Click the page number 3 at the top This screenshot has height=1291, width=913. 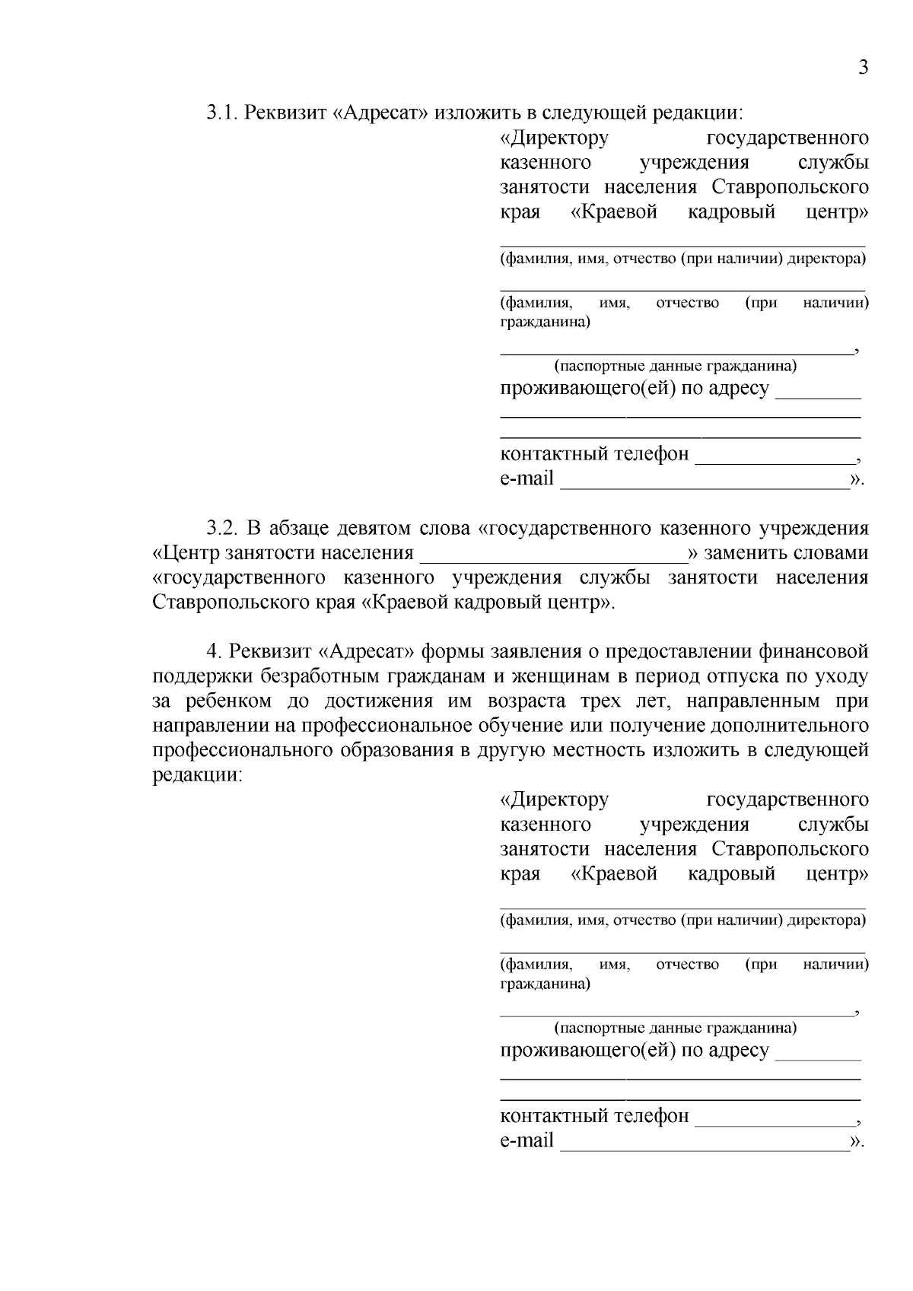[863, 68]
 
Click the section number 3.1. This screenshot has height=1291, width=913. [221, 113]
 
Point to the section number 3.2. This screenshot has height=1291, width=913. [223, 528]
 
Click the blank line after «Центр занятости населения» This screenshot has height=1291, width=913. [553, 557]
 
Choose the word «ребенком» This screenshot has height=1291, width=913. [239, 701]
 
